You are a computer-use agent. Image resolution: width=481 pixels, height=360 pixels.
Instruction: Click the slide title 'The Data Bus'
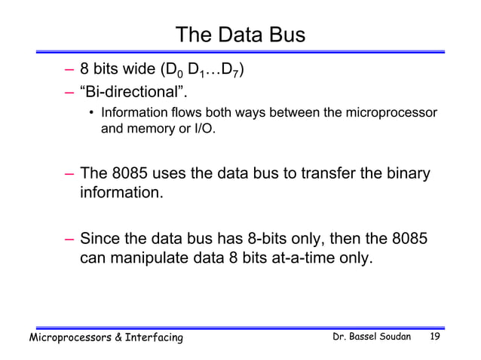(240, 35)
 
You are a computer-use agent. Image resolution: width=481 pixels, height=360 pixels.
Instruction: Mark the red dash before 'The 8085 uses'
(69, 175)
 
